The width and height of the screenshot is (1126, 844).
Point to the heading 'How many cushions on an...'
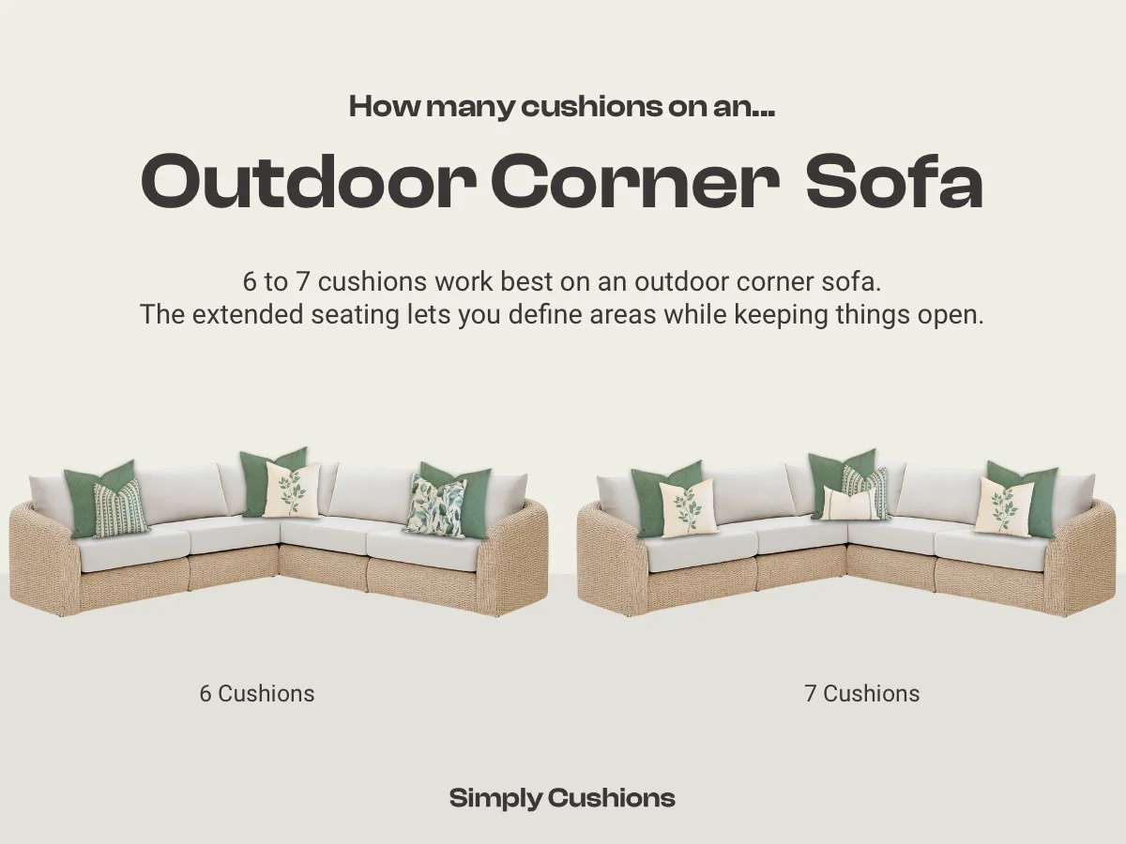pos(562,107)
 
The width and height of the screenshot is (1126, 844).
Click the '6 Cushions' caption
pos(257,694)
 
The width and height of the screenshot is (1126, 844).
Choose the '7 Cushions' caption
pos(861,694)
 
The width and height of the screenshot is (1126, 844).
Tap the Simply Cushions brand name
pos(562,798)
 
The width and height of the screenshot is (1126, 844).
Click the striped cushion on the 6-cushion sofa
pos(121,508)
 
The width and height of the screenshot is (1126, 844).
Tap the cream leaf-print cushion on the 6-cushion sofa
pos(291,490)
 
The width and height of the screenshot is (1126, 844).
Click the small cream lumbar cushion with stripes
pos(851,504)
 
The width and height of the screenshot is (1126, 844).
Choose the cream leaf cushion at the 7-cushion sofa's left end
pos(688,507)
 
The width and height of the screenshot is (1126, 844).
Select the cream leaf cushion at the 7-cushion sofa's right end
pos(1004,505)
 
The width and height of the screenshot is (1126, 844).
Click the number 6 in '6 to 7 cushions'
pos(249,281)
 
